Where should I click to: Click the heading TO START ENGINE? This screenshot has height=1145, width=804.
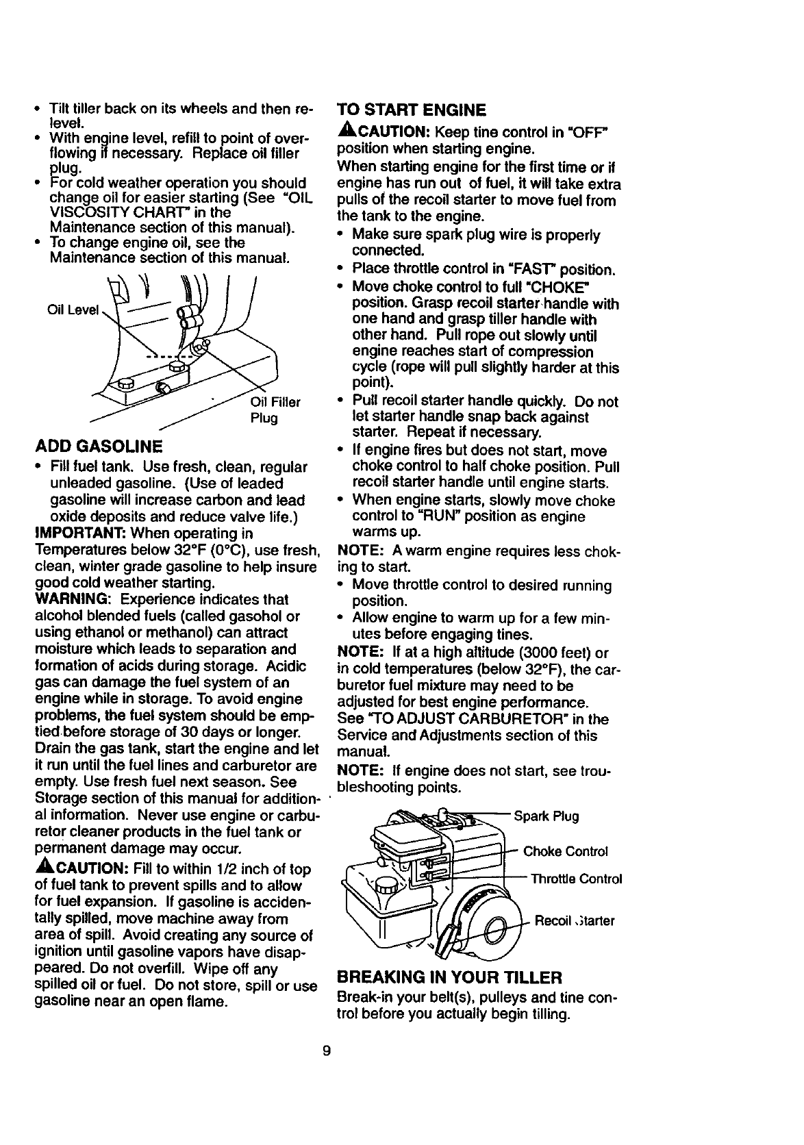click(x=412, y=110)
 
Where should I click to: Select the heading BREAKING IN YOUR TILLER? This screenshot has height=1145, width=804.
click(x=450, y=976)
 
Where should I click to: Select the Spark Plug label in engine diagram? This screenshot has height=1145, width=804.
click(x=546, y=816)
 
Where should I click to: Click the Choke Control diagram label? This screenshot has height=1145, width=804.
click(x=565, y=851)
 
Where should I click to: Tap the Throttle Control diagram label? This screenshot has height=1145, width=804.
click(x=576, y=879)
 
